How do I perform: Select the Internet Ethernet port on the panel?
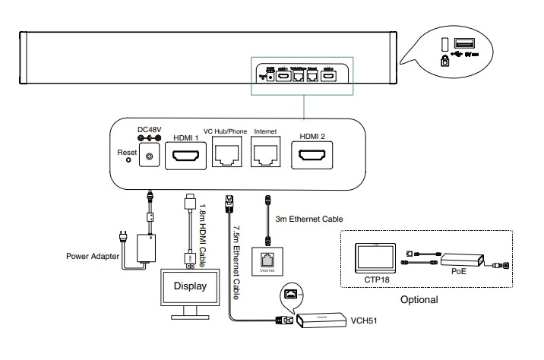tap(267, 156)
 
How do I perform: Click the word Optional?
tap(419, 299)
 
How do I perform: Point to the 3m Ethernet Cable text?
tap(311, 219)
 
